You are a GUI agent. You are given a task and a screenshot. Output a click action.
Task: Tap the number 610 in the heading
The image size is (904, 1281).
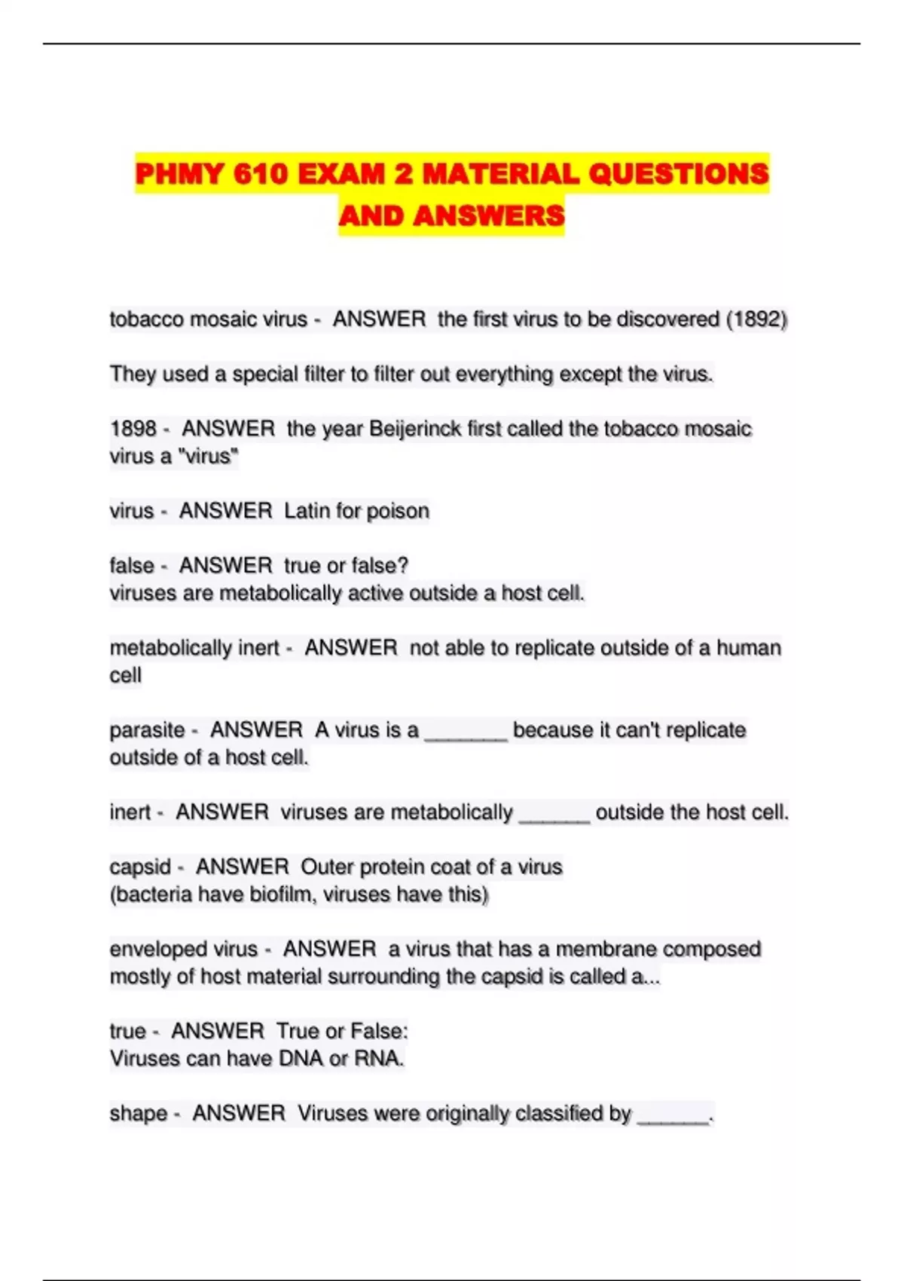pos(261,174)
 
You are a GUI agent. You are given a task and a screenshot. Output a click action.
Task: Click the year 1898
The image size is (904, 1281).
pos(133,429)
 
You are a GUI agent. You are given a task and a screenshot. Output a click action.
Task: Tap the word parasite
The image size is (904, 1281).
pos(147,729)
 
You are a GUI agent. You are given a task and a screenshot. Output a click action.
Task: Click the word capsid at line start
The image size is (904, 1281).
pos(140,867)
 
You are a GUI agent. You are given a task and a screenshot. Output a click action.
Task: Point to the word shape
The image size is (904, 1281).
pos(139,1113)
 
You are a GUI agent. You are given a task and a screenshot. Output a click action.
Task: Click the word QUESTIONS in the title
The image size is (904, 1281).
pos(678,174)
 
